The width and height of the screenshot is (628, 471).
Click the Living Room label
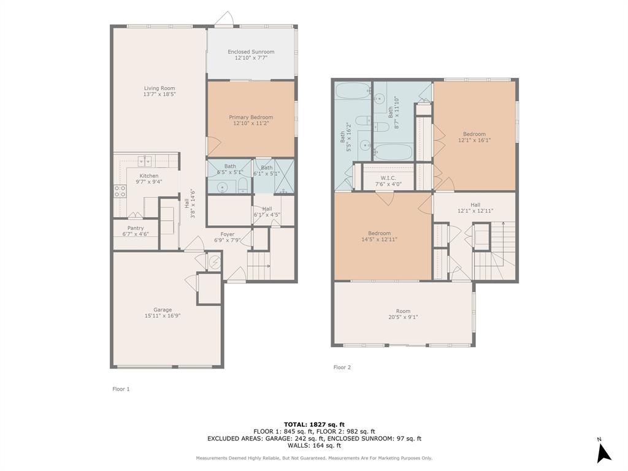pos(159,88)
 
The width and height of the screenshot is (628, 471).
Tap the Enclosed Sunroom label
pos(251,52)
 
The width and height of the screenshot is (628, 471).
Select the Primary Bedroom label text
pos(251,117)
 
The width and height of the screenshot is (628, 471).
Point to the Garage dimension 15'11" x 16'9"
pos(163,316)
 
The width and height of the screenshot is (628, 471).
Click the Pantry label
pos(136,228)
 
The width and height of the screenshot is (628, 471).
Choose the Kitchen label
pos(148,176)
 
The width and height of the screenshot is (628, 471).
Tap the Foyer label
pos(228,234)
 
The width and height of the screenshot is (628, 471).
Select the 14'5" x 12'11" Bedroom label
pos(379,233)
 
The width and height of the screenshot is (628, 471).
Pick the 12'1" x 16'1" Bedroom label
pos(474,134)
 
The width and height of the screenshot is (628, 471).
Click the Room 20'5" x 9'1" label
pos(403,312)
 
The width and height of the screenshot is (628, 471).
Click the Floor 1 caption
pos(121,389)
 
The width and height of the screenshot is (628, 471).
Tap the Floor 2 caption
pos(342,367)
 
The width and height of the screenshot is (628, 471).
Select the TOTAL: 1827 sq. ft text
pos(314,424)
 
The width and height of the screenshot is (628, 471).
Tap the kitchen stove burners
pos(119,191)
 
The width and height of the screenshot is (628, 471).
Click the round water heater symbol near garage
pos(214,263)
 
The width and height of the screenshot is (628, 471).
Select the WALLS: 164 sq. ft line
pos(314,445)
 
